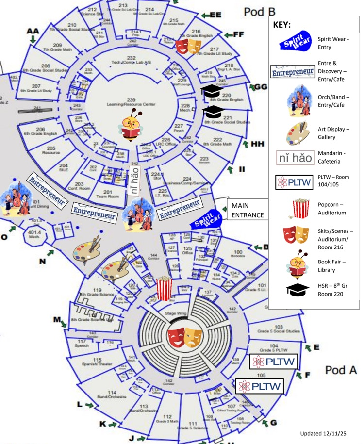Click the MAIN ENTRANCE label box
click(248, 210)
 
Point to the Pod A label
click(341, 370)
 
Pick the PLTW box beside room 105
click(259, 386)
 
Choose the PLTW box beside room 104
click(273, 362)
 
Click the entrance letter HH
click(258, 144)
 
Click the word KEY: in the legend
click(282, 24)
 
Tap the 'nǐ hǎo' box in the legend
click(295, 157)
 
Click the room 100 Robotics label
click(238, 254)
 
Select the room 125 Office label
click(188, 250)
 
